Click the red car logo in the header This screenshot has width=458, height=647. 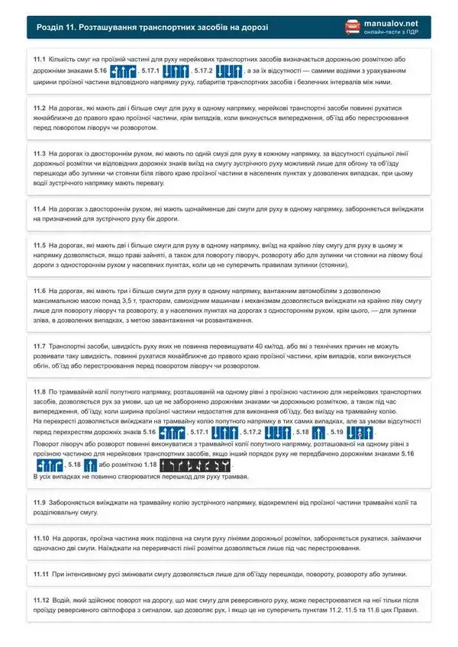coord(352,27)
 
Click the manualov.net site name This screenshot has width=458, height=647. coord(392,23)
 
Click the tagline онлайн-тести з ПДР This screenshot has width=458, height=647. coord(392,33)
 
